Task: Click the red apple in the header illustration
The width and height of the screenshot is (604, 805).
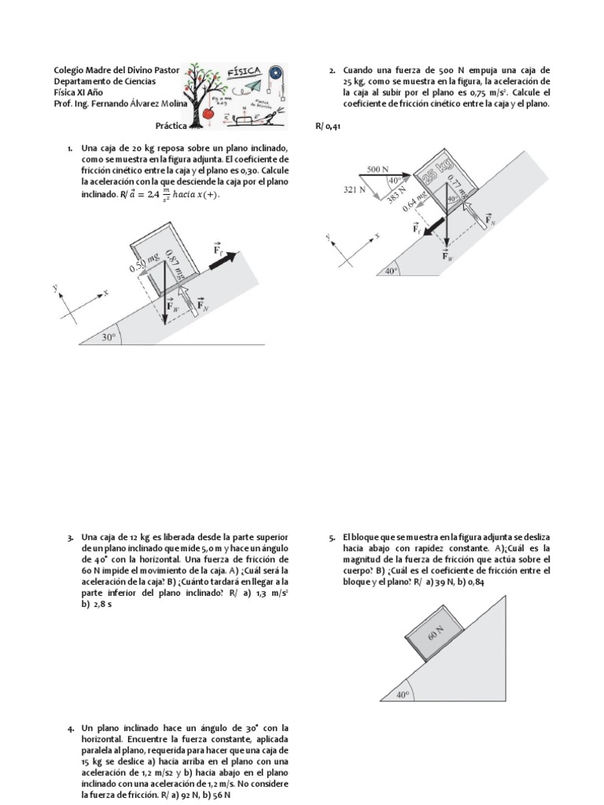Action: (208, 113)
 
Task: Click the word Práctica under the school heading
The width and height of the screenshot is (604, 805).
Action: (171, 125)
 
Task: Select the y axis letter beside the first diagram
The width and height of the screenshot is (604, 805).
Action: (56, 289)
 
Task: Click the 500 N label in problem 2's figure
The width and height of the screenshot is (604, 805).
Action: (378, 169)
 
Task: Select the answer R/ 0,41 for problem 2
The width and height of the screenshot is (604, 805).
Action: (320, 125)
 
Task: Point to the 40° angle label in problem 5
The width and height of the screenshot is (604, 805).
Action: (403, 695)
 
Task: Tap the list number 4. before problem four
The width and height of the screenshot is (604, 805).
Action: (72, 729)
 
